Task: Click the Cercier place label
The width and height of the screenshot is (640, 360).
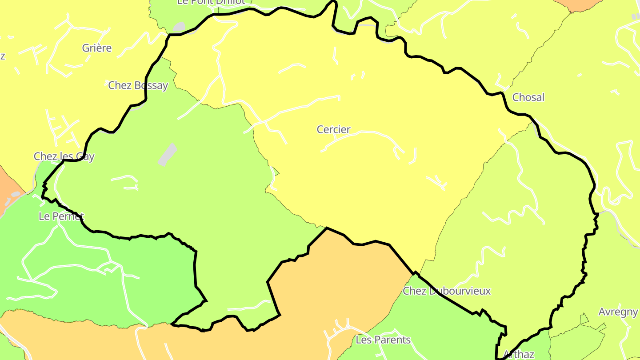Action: click(x=333, y=129)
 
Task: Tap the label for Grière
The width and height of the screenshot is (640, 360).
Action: click(x=97, y=48)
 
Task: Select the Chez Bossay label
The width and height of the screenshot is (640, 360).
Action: click(x=138, y=85)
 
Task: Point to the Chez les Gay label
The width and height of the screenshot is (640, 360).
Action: click(x=64, y=156)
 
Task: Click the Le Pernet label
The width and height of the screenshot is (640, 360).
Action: click(x=61, y=216)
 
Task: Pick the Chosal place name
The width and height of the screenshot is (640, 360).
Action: click(x=528, y=97)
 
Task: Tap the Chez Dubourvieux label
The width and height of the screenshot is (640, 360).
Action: click(x=446, y=291)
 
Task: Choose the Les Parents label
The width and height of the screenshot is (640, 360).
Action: click(x=383, y=340)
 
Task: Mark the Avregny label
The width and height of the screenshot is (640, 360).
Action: click(x=618, y=312)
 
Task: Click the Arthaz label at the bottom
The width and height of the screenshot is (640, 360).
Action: click(x=518, y=355)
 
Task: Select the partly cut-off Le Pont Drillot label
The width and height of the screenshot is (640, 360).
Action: click(x=211, y=2)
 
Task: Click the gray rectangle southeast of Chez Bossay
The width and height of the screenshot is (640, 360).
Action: click(x=167, y=155)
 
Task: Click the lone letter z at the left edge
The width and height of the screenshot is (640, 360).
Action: click(x=2, y=56)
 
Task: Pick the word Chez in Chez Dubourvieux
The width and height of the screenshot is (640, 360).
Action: click(x=413, y=291)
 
